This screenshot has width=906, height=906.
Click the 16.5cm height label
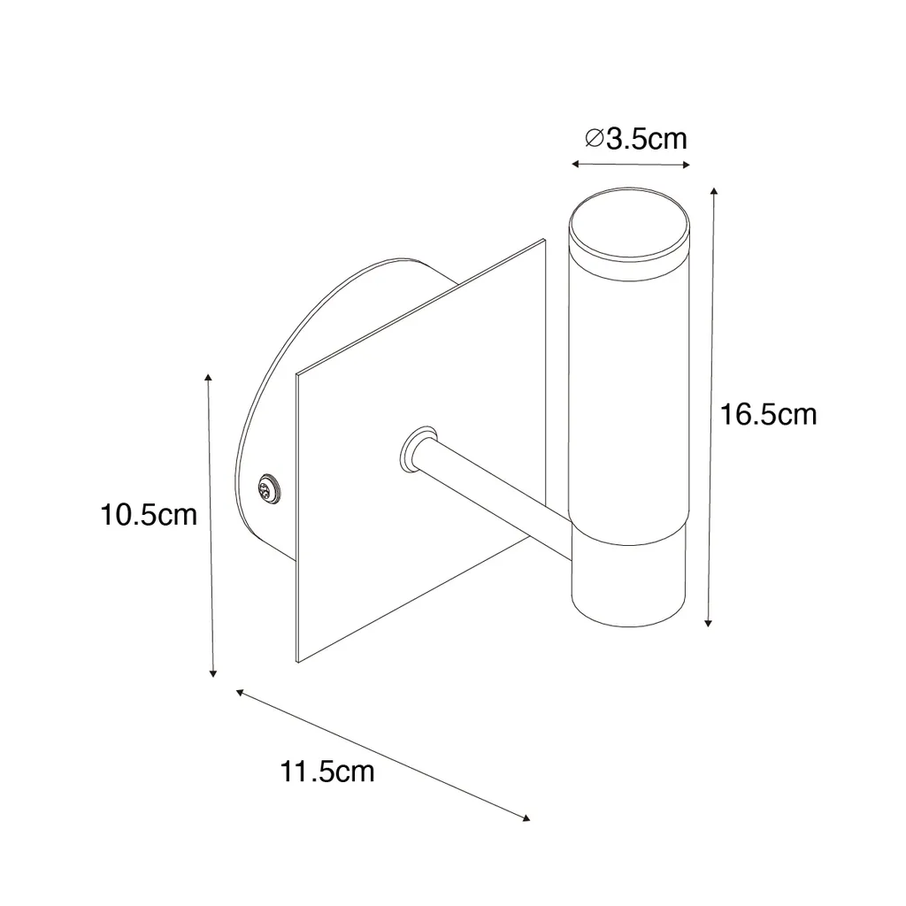(x=768, y=415)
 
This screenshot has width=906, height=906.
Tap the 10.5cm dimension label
(x=149, y=514)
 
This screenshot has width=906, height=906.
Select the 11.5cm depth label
(x=327, y=772)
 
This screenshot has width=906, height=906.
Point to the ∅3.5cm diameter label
(x=636, y=139)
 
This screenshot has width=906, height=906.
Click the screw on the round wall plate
(x=267, y=489)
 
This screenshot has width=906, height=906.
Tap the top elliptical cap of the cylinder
(x=629, y=222)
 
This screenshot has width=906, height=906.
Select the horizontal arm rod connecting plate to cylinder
(x=494, y=497)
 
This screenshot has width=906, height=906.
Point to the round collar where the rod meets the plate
(x=418, y=449)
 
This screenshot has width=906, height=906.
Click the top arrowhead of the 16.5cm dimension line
(x=715, y=191)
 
